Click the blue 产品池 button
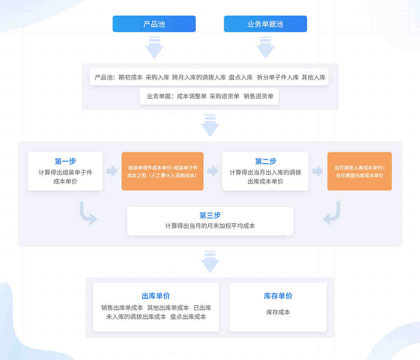(x=154, y=24)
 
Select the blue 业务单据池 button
(x=265, y=24)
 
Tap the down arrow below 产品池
(x=154, y=47)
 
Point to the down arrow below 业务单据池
(x=266, y=47)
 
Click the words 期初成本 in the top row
(x=130, y=77)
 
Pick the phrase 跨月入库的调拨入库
(x=199, y=77)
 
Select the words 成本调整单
(x=192, y=96)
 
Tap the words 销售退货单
(x=259, y=96)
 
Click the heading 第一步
(x=65, y=161)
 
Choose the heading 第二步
(x=266, y=161)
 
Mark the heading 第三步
(x=210, y=215)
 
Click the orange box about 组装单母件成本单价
(x=163, y=171)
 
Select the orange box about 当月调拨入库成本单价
(x=359, y=171)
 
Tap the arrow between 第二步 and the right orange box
(x=318, y=171)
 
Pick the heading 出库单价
(x=156, y=296)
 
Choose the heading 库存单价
(x=278, y=296)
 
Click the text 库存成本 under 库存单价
(x=278, y=312)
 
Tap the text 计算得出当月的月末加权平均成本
(x=210, y=226)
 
